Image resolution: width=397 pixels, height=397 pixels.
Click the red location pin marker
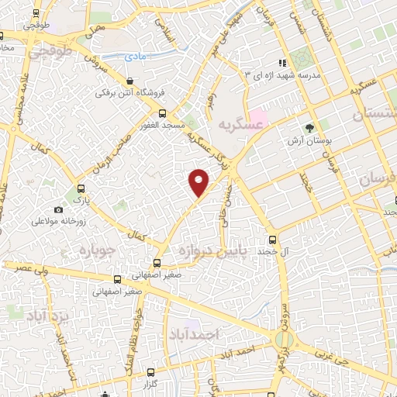point(200,181)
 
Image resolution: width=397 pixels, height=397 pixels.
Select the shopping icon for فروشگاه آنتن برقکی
point(129,81)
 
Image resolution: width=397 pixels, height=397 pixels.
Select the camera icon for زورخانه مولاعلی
point(58,209)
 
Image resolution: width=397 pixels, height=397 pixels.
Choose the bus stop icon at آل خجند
point(271,240)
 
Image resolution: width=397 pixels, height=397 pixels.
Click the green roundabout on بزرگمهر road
point(285,339)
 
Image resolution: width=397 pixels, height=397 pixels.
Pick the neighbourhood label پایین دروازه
point(209,252)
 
